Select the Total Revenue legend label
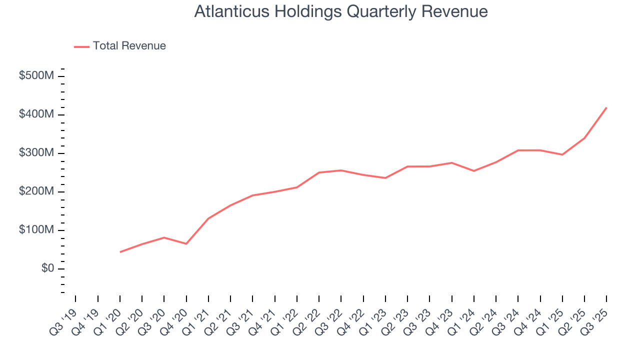coord(129,46)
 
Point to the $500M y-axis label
coord(36,76)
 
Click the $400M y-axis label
coord(36,114)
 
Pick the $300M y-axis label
coord(36,153)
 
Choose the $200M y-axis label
coord(36,191)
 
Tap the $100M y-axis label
coord(36,230)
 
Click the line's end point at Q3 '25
coord(606,107)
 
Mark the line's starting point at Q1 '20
coord(120,252)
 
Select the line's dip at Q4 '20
coord(186,243)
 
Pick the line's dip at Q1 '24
coord(474,171)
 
